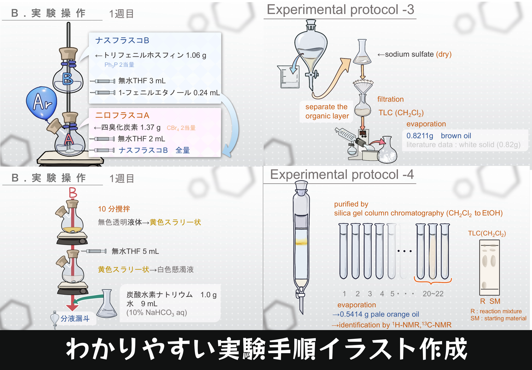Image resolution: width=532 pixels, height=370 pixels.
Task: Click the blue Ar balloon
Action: pos(42,103)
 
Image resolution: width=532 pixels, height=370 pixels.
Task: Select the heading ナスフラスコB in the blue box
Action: pos(122,41)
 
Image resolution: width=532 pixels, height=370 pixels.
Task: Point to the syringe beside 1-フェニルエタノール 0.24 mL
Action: pos(103,92)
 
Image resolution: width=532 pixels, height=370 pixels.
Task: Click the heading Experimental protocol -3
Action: pos(341,10)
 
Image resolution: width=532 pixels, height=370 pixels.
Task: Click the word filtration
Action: pos(390,99)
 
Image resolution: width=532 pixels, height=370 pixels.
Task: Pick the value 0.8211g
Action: pos(420,136)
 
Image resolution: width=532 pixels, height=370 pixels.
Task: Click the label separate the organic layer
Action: pos(327,111)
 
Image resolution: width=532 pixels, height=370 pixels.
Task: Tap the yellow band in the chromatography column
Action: pos(301,242)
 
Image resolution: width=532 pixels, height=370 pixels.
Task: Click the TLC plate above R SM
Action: pos(489,267)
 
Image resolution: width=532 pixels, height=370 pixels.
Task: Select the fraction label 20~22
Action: pos(433,294)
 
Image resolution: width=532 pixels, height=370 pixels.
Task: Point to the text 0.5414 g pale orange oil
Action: pos(380,314)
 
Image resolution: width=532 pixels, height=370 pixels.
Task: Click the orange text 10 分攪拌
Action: pos(114,209)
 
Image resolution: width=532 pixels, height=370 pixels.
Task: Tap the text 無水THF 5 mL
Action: pos(135,251)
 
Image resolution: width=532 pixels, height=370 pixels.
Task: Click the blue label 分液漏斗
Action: pos(75,319)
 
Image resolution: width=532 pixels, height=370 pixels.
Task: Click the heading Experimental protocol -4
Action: pos(342,174)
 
